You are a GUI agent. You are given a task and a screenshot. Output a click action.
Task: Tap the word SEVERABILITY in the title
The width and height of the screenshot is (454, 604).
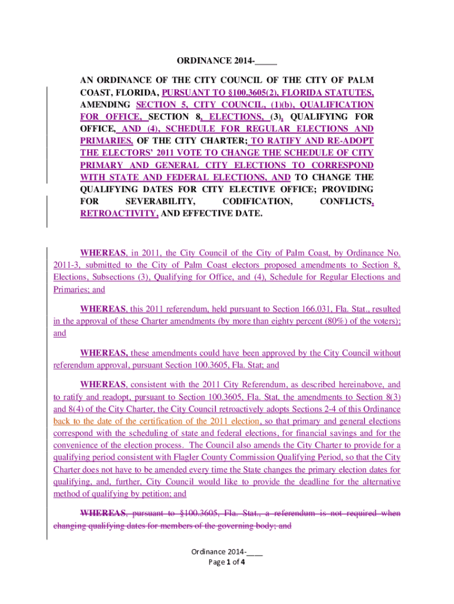163,202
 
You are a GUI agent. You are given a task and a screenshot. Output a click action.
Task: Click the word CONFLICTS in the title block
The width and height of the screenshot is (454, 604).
344,202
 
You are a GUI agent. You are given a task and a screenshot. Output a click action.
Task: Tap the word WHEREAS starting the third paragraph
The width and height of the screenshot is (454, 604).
104,353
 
